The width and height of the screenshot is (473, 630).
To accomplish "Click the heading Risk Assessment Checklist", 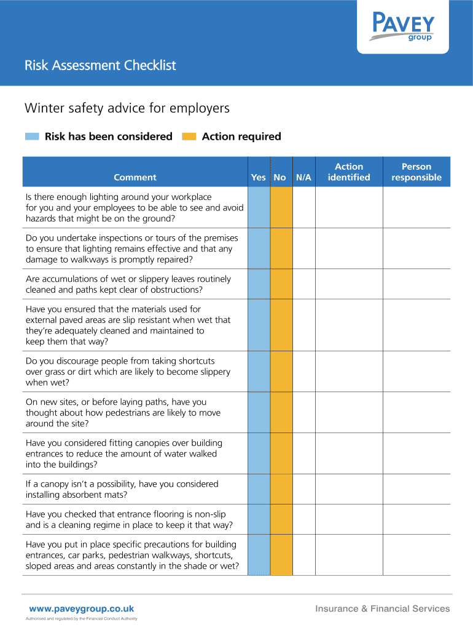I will click(x=100, y=65).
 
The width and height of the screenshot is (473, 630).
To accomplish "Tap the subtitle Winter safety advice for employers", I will click(x=127, y=108).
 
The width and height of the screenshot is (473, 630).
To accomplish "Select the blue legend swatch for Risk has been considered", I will click(x=32, y=137).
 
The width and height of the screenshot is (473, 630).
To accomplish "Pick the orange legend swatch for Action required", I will click(x=190, y=137).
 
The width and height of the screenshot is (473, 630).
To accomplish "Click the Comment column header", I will click(x=135, y=177).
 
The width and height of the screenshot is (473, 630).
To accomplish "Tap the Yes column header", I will click(x=259, y=177).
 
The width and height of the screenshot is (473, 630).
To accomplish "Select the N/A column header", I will click(x=303, y=177).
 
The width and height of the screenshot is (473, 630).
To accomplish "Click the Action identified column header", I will click(x=349, y=172).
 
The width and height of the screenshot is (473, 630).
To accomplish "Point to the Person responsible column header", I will click(x=416, y=172).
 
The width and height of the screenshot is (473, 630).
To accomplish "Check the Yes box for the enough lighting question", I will click(x=259, y=207).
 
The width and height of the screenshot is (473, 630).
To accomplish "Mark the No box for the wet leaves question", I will click(x=281, y=284).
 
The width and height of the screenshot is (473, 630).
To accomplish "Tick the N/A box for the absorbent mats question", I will click(x=303, y=489).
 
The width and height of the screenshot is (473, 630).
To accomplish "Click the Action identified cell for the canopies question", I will click(x=349, y=453).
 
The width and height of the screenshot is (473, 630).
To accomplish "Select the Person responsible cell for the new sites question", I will click(x=416, y=413).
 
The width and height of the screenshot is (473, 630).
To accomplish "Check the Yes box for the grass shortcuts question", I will click(x=259, y=372).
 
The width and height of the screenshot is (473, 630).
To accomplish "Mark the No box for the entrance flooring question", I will click(x=281, y=520).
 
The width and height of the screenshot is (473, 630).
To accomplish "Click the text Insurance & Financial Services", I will click(x=382, y=608).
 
